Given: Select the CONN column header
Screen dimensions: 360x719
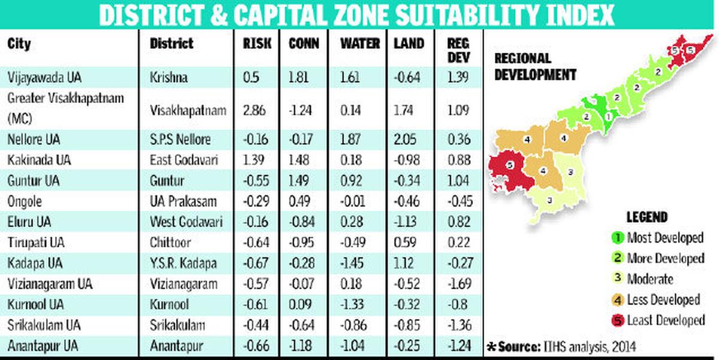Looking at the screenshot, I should tap(303, 44).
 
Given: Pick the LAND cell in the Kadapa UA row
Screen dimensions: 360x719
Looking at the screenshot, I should tap(403, 264).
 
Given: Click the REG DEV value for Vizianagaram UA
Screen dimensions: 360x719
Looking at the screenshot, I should tap(459, 284).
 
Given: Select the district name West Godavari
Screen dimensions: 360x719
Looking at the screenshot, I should tap(186, 222).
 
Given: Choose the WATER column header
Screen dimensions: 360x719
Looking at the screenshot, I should tap(360, 44).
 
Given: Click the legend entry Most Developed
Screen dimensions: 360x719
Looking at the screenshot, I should tap(657, 238).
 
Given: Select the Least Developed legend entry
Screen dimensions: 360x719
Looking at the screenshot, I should tap(657, 320).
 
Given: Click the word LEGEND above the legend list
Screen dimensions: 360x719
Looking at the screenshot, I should tap(647, 217).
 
